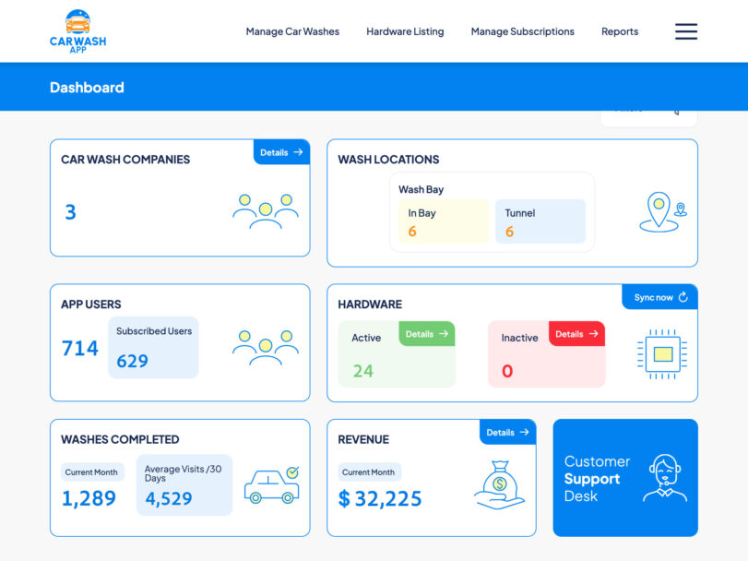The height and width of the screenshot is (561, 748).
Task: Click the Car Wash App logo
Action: click(78, 31)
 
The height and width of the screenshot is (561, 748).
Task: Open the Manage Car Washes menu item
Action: click(292, 31)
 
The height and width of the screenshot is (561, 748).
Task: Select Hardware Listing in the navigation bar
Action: click(405, 31)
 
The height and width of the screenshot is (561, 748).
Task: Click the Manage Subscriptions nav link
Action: click(522, 31)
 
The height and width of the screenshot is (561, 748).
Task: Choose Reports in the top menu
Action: click(620, 31)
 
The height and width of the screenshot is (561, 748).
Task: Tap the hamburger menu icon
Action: click(686, 31)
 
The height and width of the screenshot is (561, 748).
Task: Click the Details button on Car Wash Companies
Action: click(281, 152)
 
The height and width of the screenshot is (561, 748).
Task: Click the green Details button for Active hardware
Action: click(426, 334)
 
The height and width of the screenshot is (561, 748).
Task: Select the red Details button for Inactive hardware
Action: click(576, 334)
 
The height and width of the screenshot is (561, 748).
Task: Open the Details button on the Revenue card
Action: click(507, 432)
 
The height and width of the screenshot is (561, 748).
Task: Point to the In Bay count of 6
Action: click(412, 232)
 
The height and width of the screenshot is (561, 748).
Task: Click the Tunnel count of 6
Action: click(509, 232)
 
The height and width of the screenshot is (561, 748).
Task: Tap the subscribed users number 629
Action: click(132, 361)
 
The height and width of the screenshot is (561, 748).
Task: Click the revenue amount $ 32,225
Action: click(380, 499)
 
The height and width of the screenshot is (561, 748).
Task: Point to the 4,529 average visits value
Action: click(169, 499)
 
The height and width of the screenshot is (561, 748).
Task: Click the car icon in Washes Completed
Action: click(271, 485)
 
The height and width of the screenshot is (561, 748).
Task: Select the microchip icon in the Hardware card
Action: click(661, 352)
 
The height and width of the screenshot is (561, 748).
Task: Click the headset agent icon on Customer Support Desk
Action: click(665, 478)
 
